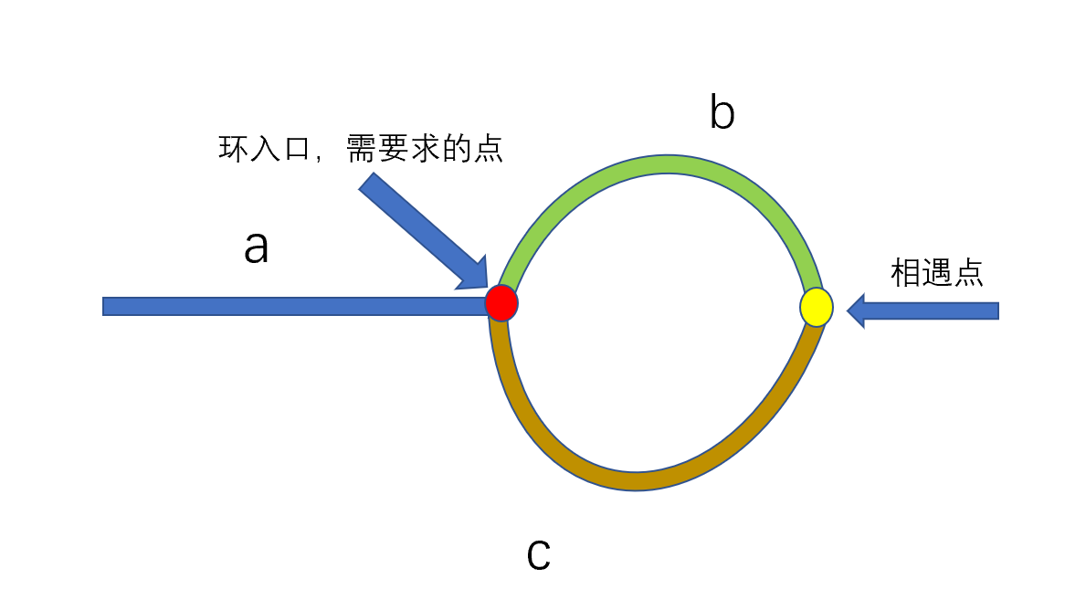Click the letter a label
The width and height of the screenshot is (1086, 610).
[x=257, y=247]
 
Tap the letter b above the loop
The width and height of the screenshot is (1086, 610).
[x=722, y=113]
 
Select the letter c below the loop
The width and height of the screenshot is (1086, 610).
[x=539, y=555]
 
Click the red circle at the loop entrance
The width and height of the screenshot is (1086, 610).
[x=501, y=302]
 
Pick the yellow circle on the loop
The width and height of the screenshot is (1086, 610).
[x=816, y=307]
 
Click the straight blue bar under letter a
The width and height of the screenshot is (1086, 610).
[x=292, y=306]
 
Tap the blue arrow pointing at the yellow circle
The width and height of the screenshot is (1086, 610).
[x=923, y=310]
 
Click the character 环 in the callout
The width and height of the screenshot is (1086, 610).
[x=233, y=149]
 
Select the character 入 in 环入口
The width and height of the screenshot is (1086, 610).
[x=266, y=149]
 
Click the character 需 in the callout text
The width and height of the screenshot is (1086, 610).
[x=363, y=149]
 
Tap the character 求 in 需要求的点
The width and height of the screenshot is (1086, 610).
[x=427, y=149]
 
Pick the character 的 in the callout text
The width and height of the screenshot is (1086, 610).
[x=459, y=149]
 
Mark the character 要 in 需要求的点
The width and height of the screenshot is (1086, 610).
[x=395, y=149]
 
